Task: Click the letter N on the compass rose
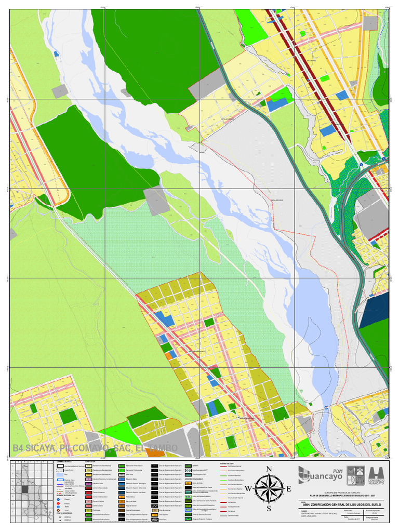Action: (269, 470)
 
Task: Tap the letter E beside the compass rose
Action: (289, 489)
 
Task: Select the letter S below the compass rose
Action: (269, 509)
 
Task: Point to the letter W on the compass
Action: (248, 489)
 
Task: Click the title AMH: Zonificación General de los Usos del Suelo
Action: (340, 503)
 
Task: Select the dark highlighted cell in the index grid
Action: (24, 489)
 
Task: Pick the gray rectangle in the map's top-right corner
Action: (370, 23)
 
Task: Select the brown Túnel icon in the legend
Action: (58, 511)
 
